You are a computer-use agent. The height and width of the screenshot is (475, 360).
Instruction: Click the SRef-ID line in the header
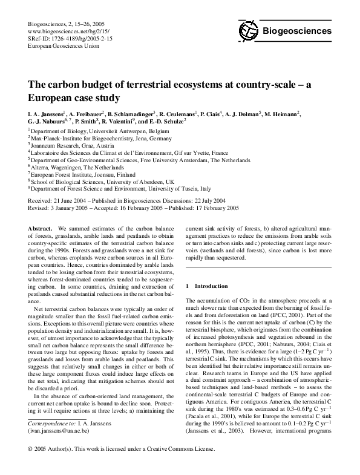tap(70, 38)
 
